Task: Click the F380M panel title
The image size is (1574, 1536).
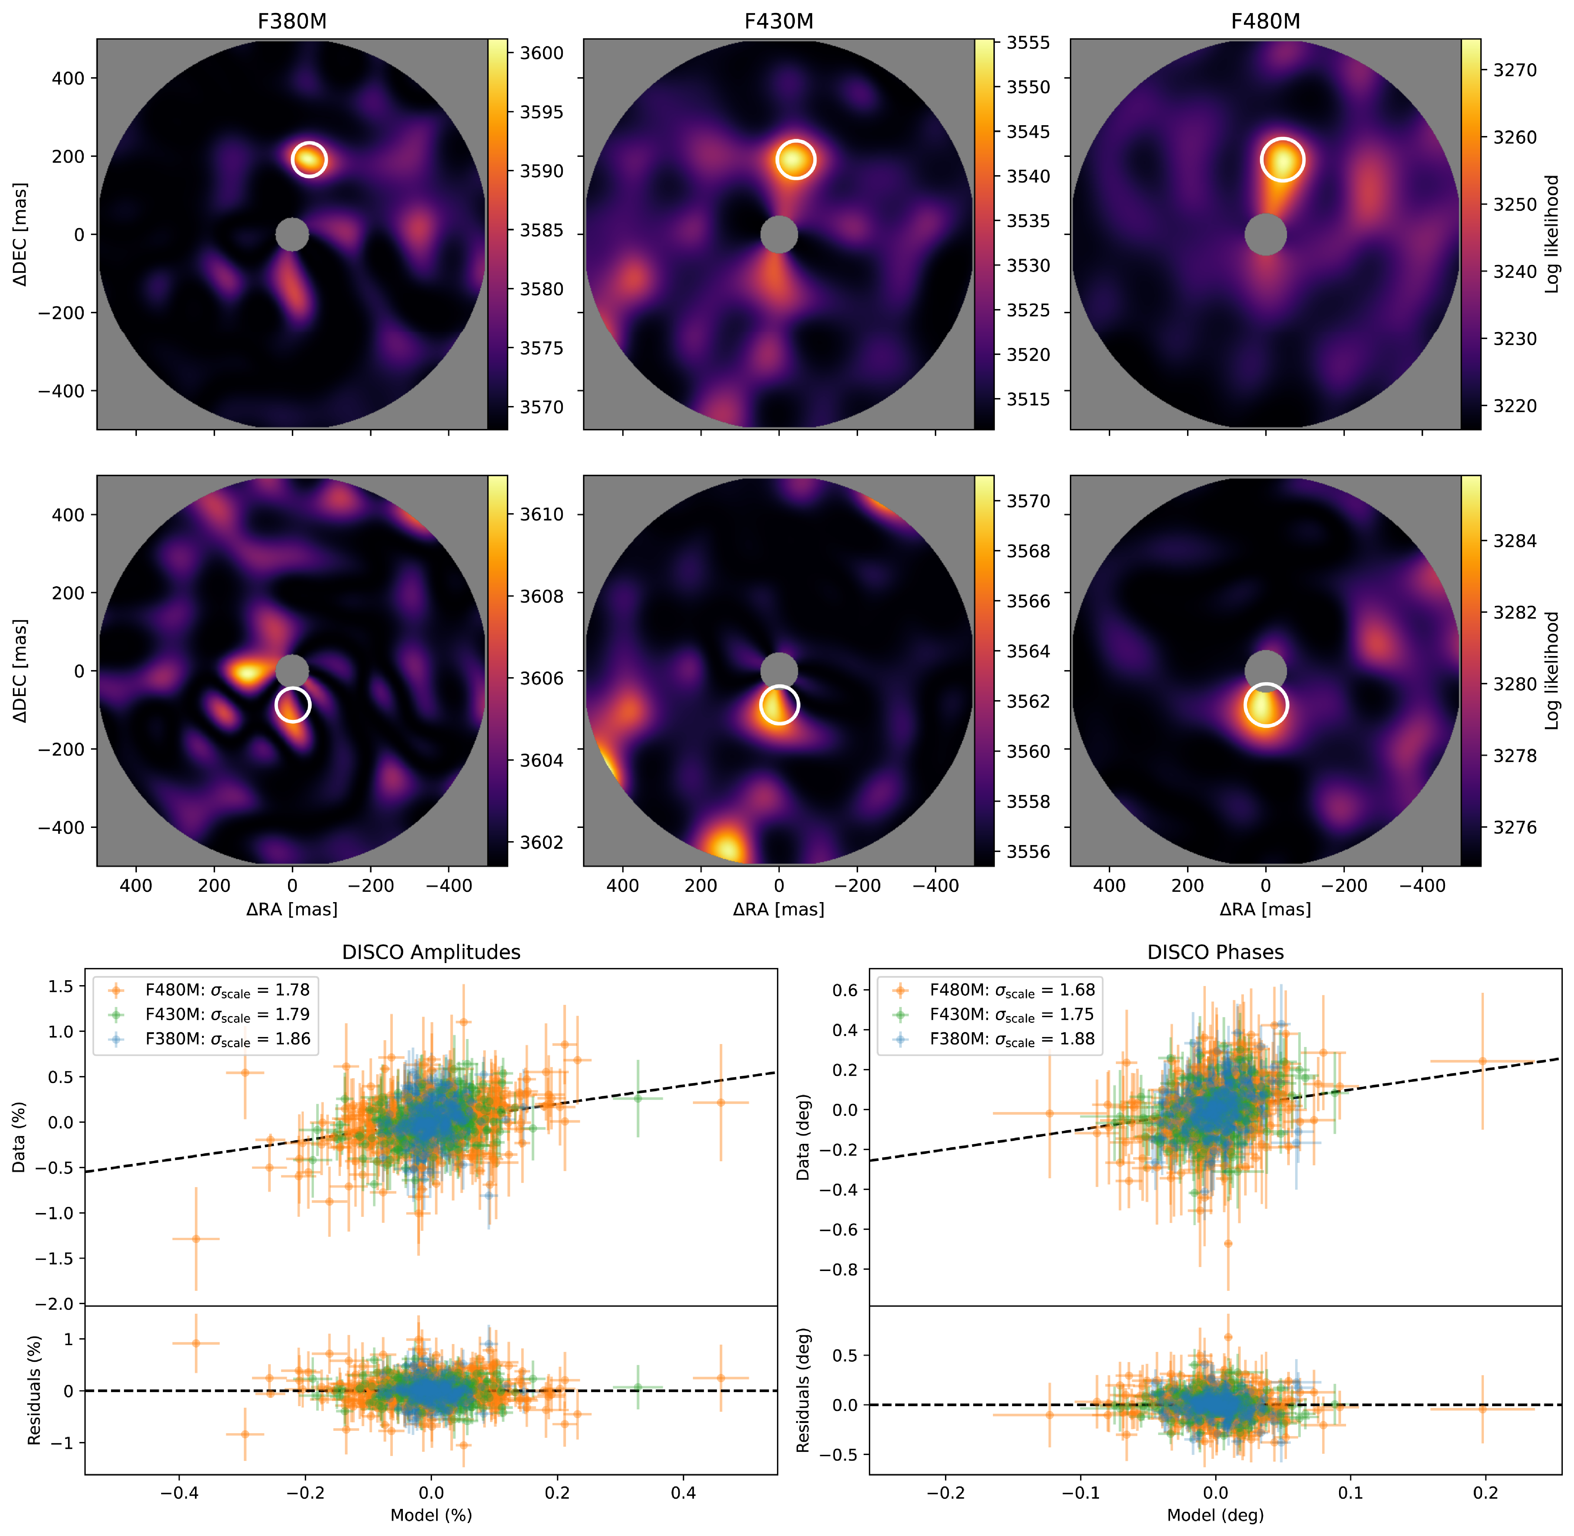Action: (292, 21)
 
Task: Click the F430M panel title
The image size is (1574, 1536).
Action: (779, 21)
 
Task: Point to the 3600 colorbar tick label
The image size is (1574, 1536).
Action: (541, 53)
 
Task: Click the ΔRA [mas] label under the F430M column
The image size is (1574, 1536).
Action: (779, 910)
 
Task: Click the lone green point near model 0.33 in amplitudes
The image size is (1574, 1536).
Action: (637, 1098)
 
